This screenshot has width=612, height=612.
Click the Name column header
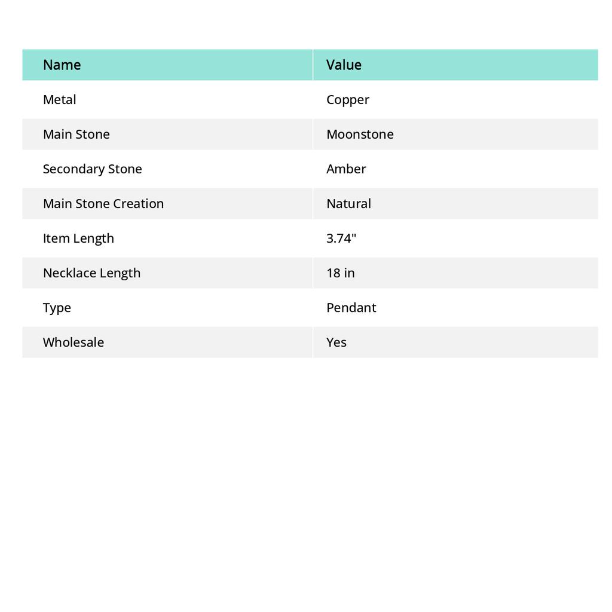point(62,65)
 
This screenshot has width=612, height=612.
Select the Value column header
point(344,65)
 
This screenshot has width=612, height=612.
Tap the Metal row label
point(59,99)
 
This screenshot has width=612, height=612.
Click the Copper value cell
point(348,100)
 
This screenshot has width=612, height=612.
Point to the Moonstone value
point(360,134)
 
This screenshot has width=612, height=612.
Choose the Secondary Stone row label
point(92,169)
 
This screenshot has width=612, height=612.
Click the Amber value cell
point(346,169)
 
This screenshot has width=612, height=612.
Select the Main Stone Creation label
point(103,203)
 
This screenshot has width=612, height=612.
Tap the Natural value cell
point(348,203)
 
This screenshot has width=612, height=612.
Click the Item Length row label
point(78,238)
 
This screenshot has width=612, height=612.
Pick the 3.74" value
point(341,238)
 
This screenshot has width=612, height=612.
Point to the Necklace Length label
point(91,273)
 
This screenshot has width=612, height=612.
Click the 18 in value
point(340,273)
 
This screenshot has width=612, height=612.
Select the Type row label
point(57,307)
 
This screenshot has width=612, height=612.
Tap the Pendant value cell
point(351,307)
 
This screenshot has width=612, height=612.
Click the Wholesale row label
point(73,342)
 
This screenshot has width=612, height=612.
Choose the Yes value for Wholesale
point(336,342)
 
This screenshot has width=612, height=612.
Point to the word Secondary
point(68,169)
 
